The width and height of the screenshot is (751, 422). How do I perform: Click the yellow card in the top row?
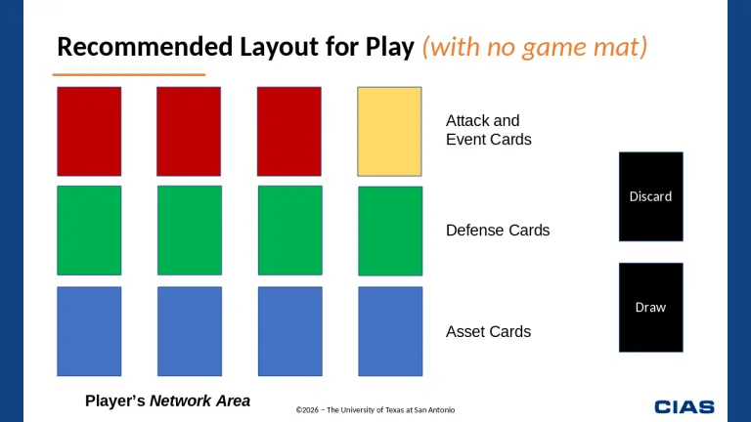(389, 131)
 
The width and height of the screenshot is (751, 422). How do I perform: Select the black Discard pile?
(650, 196)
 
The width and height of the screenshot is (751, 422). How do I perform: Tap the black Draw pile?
(650, 307)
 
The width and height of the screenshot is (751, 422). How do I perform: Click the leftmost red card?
(89, 131)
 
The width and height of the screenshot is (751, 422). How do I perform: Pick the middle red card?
(189, 131)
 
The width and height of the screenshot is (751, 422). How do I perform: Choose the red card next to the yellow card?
(288, 131)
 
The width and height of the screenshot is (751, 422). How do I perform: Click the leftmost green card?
(89, 231)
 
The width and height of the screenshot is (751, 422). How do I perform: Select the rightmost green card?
(390, 231)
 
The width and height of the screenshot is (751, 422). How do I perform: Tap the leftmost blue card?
(89, 331)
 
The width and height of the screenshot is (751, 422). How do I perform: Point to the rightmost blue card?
(390, 331)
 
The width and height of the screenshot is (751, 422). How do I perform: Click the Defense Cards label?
(498, 231)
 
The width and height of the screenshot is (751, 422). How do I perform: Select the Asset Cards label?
(488, 332)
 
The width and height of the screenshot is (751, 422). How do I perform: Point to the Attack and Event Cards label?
(488, 130)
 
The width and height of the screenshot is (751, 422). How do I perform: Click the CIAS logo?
(685, 406)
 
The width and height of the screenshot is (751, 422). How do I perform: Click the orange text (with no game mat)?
(535, 47)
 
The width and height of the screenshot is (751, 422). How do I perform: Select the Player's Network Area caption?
(167, 401)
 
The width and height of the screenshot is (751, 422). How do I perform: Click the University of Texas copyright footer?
(375, 409)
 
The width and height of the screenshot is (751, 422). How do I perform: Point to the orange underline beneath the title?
(128, 74)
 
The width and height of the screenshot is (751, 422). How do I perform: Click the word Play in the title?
(390, 47)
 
